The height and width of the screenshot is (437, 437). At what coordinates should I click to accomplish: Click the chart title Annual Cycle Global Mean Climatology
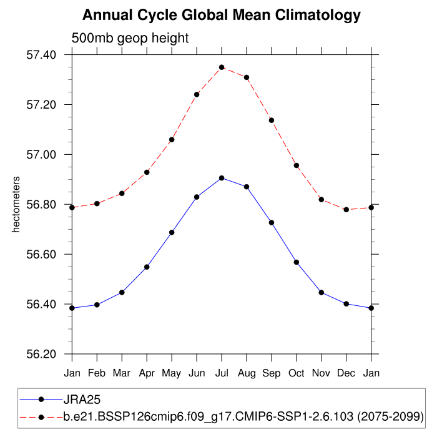click(222, 14)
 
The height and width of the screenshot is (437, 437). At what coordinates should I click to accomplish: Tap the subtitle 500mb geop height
click(130, 39)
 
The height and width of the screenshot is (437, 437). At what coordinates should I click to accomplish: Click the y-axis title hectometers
click(17, 205)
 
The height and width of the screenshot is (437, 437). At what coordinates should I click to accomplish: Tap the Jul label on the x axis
click(222, 373)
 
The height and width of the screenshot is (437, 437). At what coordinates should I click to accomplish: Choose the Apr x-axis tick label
click(147, 373)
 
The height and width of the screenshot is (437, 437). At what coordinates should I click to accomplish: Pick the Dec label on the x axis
click(346, 373)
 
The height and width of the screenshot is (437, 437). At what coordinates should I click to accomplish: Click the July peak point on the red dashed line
click(222, 67)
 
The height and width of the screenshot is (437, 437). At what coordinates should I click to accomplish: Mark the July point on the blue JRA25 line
click(222, 178)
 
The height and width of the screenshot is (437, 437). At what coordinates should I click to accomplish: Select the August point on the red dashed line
click(247, 77)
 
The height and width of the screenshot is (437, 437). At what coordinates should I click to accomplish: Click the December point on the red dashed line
click(346, 210)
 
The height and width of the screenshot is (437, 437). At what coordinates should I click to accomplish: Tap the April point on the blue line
click(147, 267)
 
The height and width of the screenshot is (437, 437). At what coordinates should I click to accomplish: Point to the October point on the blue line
click(297, 262)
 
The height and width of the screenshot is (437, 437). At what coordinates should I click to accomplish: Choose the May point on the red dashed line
click(172, 139)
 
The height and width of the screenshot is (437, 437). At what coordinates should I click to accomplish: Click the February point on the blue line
click(97, 305)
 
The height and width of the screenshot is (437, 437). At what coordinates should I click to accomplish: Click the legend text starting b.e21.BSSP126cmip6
click(243, 416)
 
